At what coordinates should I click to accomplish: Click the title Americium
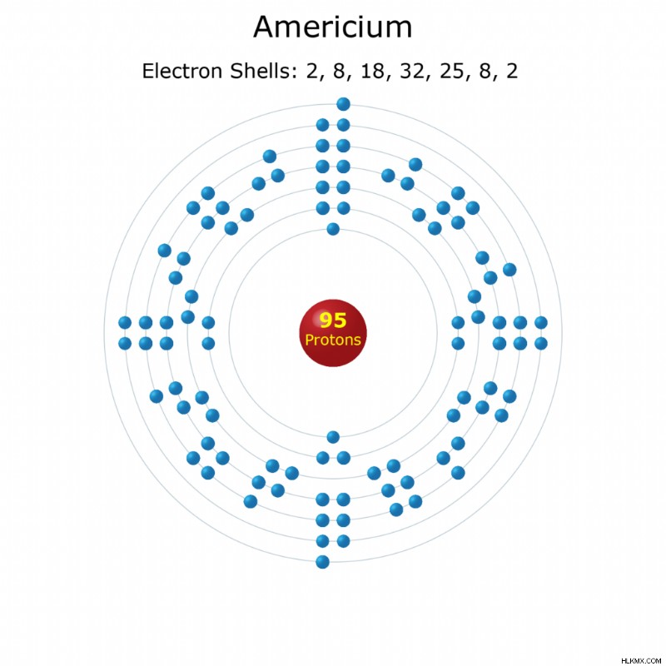tap(332, 27)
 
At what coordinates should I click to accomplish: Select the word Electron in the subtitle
tap(182, 71)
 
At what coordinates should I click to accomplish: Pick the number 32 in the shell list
tap(412, 71)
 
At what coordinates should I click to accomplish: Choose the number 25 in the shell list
tap(452, 71)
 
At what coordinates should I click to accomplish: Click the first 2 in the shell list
tap(312, 71)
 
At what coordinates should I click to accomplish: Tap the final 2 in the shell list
tap(512, 71)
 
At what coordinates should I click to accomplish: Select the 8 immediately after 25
tap(486, 71)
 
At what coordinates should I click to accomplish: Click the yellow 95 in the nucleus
tap(333, 321)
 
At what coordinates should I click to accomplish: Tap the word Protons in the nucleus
tap(333, 340)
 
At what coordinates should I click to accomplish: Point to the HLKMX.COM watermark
tap(641, 661)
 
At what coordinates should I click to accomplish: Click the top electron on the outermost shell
tap(343, 104)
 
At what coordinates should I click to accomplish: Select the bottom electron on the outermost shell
tap(323, 562)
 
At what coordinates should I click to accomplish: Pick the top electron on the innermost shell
tap(333, 229)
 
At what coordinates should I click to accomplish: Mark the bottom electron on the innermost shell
tap(333, 436)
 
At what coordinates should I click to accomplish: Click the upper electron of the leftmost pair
tap(125, 323)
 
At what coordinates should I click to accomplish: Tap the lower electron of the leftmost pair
tap(125, 343)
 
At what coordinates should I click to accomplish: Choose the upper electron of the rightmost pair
tap(540, 323)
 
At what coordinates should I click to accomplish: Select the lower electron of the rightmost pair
tap(540, 343)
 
